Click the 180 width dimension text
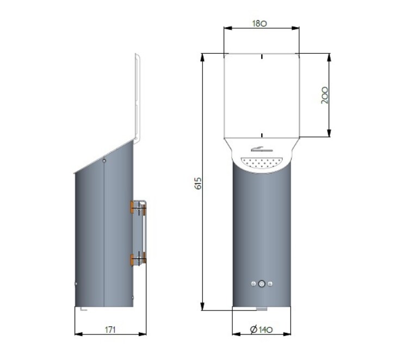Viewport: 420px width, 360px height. pos(260,23)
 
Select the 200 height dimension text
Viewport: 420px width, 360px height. pos(325,95)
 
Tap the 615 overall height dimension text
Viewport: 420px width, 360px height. pos(199,183)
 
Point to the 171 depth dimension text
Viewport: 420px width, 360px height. pos(110,330)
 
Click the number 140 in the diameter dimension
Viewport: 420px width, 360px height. pos(265,330)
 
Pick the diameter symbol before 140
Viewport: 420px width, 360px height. pos(254,330)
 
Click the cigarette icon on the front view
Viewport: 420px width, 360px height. pos(262,149)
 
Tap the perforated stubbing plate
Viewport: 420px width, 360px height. pos(262,163)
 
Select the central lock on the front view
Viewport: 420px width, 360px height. pos(262,284)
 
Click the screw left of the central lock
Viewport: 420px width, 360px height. pos(254,284)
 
